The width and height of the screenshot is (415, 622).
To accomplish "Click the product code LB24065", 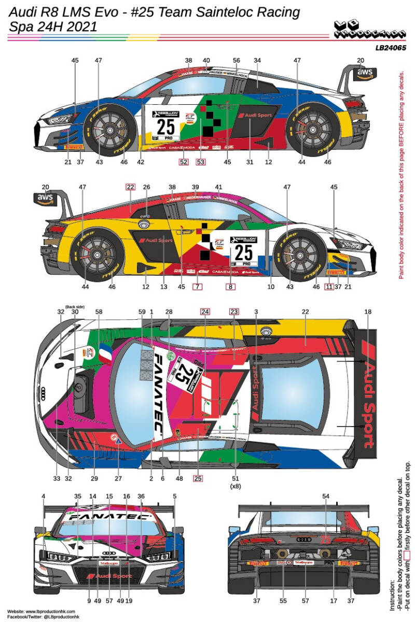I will [391, 47].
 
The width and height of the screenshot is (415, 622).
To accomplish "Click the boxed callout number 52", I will [183, 162].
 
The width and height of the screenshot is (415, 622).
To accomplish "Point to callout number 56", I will [237, 61].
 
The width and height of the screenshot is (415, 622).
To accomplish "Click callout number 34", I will [256, 61].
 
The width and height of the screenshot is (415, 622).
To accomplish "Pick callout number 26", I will [146, 187].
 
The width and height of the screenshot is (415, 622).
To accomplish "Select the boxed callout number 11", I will [328, 287].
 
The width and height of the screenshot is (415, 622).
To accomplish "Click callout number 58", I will [99, 312].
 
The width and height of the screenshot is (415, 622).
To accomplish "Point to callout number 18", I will [368, 312].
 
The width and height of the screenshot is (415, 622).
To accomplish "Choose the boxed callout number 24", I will [205, 312].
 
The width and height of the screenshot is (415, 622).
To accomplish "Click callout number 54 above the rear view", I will [326, 497].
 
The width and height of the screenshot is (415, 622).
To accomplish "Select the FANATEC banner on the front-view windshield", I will [109, 517].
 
